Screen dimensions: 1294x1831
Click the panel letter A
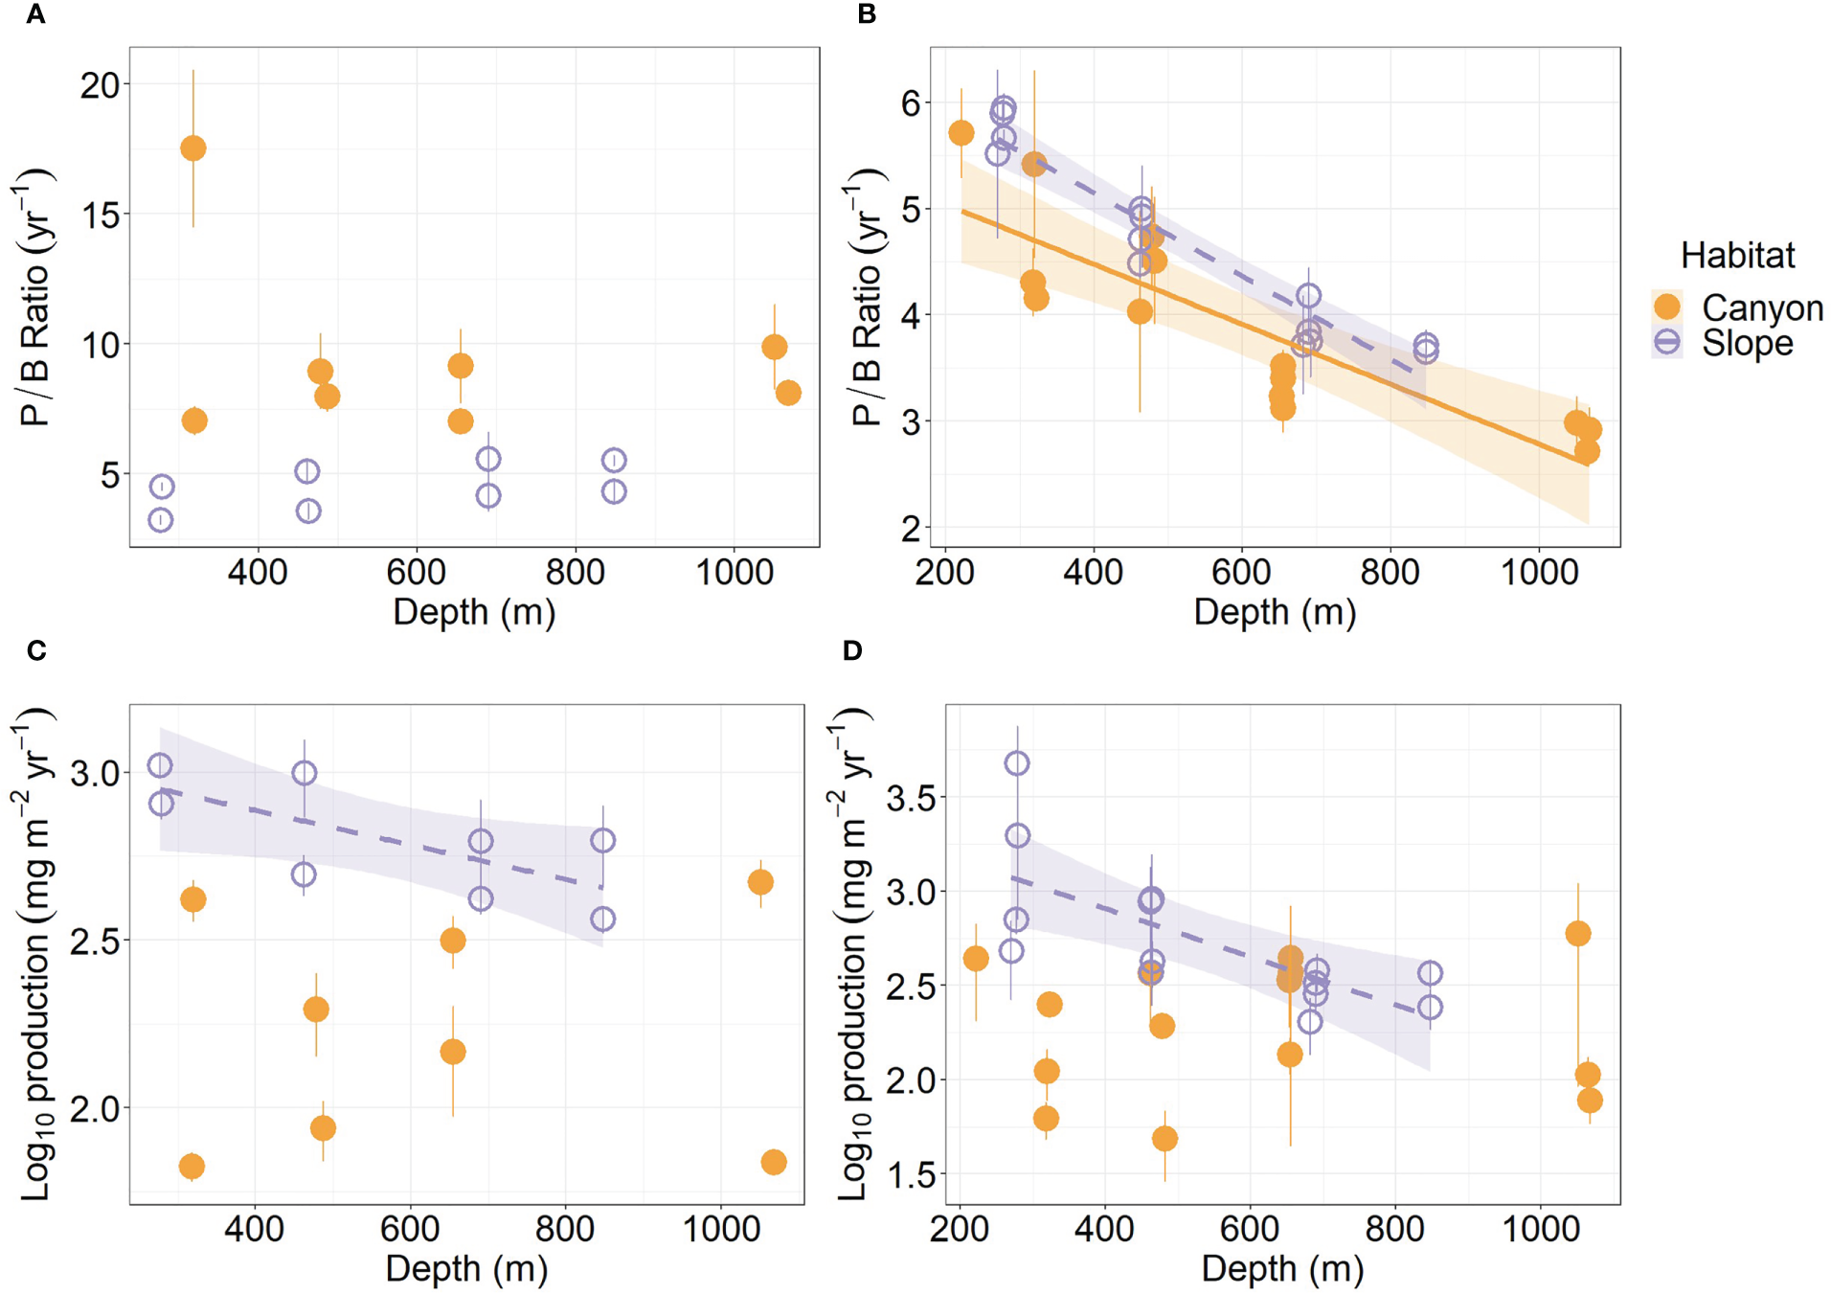pos(36,14)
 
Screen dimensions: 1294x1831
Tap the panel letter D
pos(852,651)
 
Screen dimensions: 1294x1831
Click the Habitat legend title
pos(1737,256)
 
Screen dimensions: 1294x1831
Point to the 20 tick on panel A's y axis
pos(100,85)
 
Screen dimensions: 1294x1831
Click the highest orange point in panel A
pos(193,148)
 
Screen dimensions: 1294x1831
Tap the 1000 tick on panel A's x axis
pos(734,573)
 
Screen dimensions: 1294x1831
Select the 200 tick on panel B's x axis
pos(945,573)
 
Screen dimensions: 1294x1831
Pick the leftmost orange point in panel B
pos(961,133)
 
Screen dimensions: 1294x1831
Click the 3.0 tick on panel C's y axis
pos(93,772)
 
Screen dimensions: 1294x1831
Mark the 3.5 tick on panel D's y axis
pos(910,797)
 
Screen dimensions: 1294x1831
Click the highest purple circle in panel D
pos(1017,763)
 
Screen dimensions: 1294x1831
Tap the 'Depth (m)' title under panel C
pos(466,1268)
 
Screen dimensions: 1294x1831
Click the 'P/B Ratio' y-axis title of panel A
pos(35,297)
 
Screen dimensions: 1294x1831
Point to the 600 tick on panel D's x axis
pos(1250,1229)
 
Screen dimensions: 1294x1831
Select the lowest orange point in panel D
pos(1164,1139)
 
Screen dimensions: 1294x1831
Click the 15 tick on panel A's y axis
pos(100,215)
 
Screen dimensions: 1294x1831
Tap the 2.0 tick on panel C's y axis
pos(93,1108)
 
